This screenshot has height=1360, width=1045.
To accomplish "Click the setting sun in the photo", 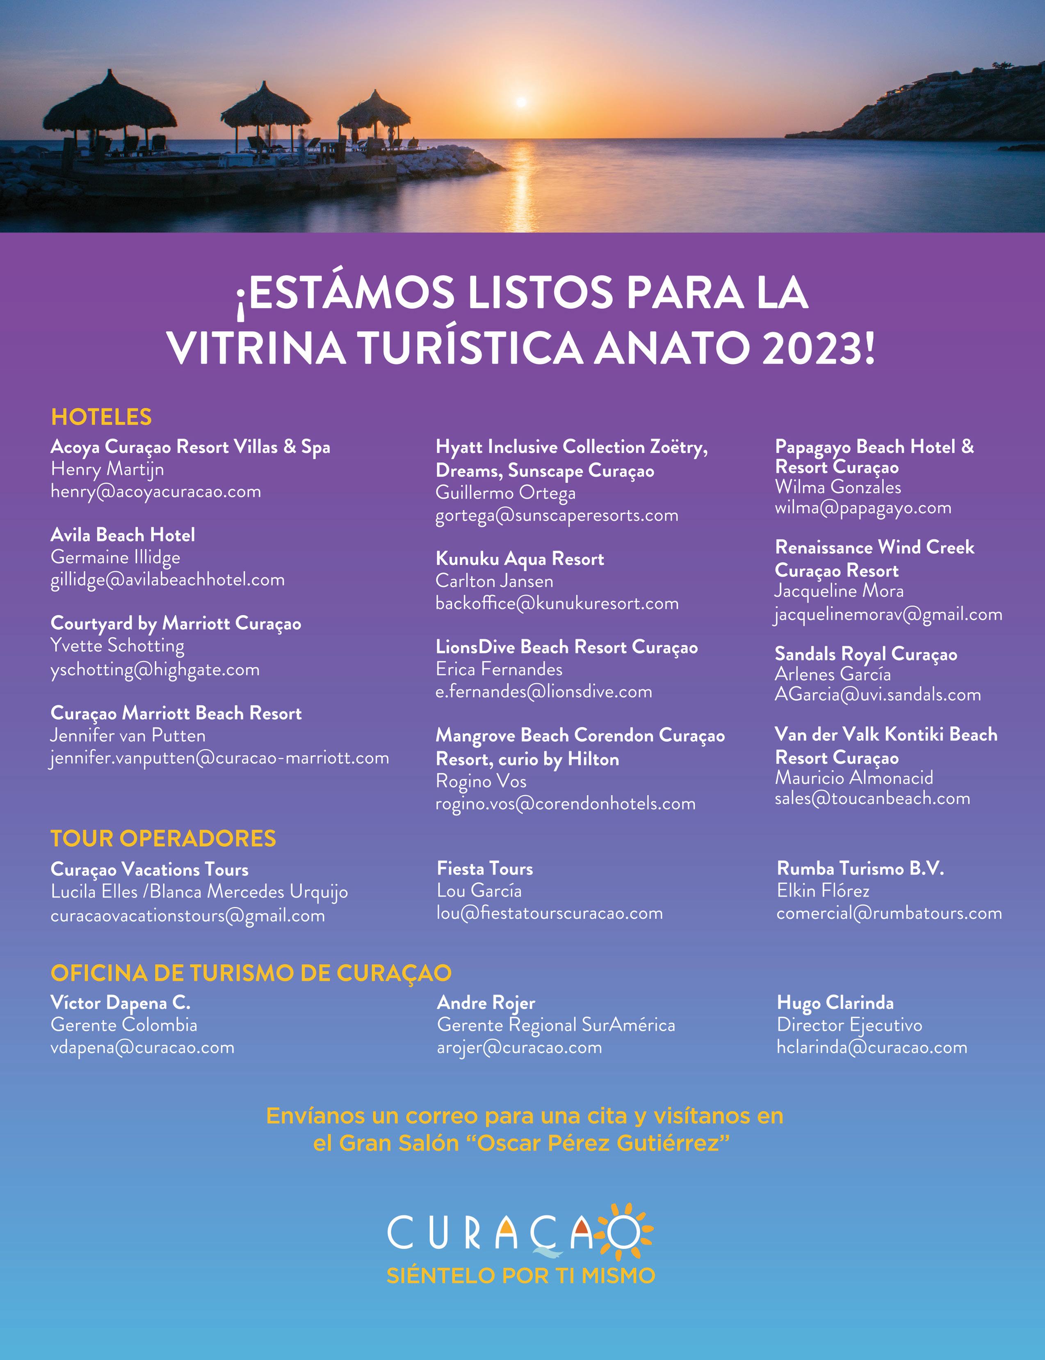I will click(x=521, y=101).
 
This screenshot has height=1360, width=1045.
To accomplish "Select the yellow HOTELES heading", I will click(x=101, y=417).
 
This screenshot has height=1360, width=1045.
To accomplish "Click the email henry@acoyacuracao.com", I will click(x=155, y=492).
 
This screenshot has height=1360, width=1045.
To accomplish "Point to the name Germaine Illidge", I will click(x=115, y=557).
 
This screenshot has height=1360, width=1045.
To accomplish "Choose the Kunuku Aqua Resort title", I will click(x=519, y=559).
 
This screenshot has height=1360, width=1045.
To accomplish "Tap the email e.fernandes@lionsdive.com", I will click(x=544, y=691).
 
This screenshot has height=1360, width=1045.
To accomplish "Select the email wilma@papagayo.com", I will click(x=863, y=508).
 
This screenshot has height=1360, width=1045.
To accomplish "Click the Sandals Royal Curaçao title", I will click(x=865, y=654).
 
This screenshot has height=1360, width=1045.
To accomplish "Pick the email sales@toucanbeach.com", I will click(x=872, y=799).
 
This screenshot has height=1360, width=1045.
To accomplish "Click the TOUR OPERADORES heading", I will click(x=163, y=838).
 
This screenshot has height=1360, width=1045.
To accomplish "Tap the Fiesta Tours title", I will click(x=484, y=869).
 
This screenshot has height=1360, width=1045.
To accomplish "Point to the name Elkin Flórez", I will click(x=823, y=891).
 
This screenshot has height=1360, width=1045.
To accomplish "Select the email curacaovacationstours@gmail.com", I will click(x=187, y=916).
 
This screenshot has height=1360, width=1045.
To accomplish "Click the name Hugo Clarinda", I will click(x=835, y=1003).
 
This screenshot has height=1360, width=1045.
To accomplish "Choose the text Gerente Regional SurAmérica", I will click(x=555, y=1025).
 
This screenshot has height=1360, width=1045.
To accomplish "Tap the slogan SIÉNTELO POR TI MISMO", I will click(x=520, y=1276).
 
